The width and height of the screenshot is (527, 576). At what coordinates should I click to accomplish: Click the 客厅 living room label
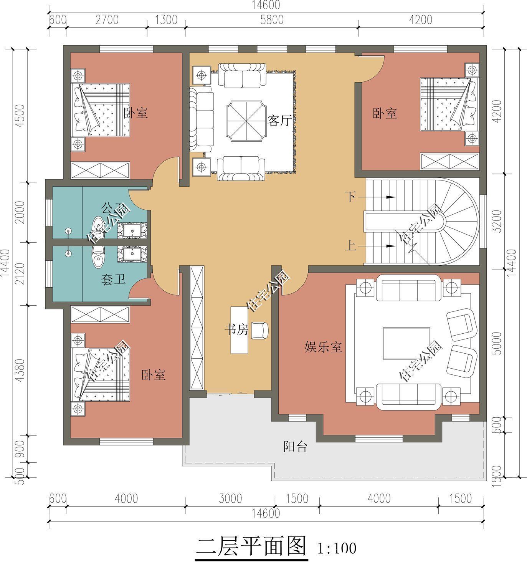click(x=279, y=121)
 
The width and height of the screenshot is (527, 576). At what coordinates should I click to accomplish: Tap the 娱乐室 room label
click(x=323, y=347)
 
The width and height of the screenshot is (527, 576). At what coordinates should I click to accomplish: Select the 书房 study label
click(x=236, y=329)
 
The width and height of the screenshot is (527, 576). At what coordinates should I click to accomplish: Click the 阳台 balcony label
click(x=295, y=447)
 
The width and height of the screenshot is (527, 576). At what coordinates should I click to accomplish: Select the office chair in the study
click(x=260, y=330)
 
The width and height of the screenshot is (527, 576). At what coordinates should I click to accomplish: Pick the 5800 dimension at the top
click(x=271, y=20)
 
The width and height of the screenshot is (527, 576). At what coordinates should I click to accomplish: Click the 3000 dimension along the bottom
click(x=230, y=498)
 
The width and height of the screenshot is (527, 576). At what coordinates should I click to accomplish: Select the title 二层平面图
click(x=251, y=546)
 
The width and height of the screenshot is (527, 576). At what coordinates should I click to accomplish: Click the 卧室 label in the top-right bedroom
click(x=385, y=114)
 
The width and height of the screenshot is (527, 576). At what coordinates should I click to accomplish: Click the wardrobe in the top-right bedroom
click(x=449, y=161)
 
